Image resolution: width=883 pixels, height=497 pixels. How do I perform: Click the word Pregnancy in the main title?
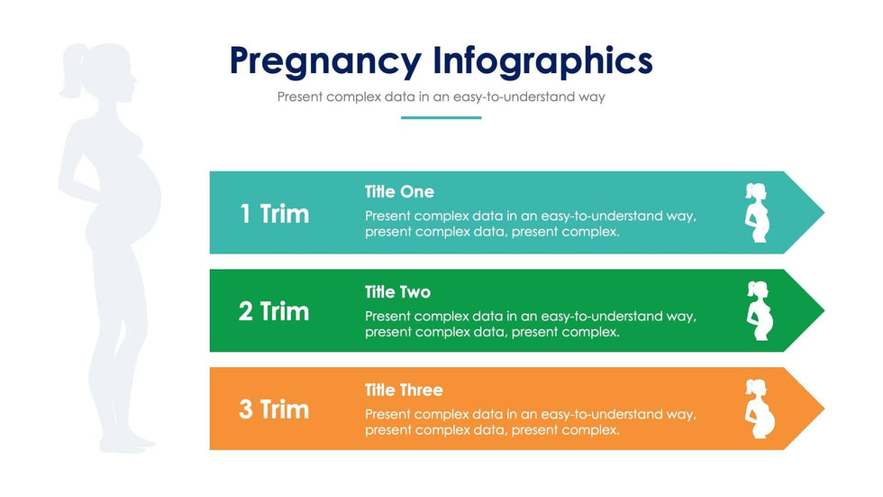pyautogui.click(x=325, y=61)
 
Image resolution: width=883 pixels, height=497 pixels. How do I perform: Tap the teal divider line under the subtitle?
pyautogui.click(x=441, y=118)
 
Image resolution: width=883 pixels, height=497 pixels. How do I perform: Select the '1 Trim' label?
pyautogui.click(x=274, y=214)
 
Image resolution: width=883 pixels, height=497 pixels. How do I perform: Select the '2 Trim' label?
pyautogui.click(x=274, y=311)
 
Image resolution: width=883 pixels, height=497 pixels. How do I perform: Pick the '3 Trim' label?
pyautogui.click(x=274, y=410)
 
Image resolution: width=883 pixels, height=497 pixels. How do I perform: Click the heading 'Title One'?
pyautogui.click(x=399, y=191)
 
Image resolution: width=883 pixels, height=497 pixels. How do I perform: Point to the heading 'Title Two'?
pyautogui.click(x=397, y=292)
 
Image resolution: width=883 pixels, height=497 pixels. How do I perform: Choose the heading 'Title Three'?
pyautogui.click(x=404, y=390)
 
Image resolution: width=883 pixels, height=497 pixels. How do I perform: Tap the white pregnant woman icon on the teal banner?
pyautogui.click(x=757, y=213)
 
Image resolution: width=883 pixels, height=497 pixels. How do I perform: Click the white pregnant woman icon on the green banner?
pyautogui.click(x=760, y=311)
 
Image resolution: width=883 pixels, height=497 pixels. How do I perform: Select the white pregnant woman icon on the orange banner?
pyautogui.click(x=760, y=410)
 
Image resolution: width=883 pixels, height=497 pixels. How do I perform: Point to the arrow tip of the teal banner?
pyautogui.click(x=824, y=213)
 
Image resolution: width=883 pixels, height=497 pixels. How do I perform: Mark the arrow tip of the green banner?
pyautogui.click(x=824, y=310)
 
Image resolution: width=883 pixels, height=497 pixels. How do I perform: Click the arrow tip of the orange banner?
pyautogui.click(x=824, y=409)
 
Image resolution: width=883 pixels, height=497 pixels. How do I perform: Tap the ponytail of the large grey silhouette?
pyautogui.click(x=71, y=72)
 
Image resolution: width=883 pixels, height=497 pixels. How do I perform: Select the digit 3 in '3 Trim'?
pyautogui.click(x=245, y=410)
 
